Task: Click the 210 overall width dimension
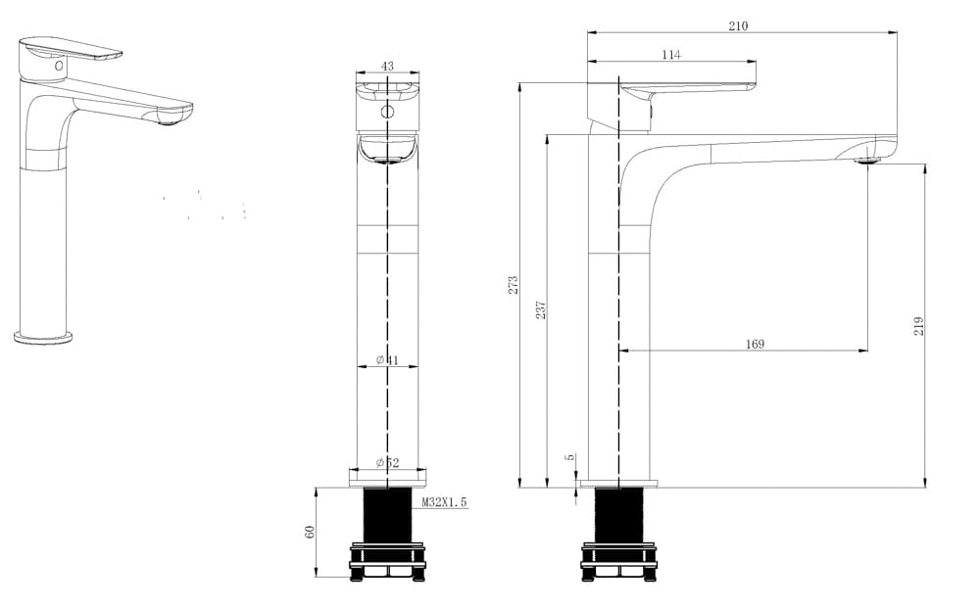[x=738, y=25]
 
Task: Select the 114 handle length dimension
[x=670, y=55]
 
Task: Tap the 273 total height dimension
[x=514, y=285]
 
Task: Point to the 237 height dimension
[x=541, y=309]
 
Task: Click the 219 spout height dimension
[x=918, y=326]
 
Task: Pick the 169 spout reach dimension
[x=755, y=345]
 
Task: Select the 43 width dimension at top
[x=387, y=66]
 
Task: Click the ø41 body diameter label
[x=387, y=359]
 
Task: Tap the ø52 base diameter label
[x=387, y=463]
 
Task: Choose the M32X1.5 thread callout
[x=444, y=501]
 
